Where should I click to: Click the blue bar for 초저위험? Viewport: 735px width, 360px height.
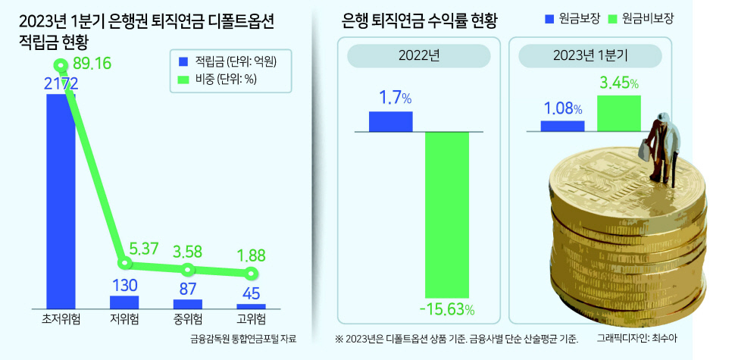(61, 201)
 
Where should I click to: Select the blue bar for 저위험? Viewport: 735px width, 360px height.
(124, 302)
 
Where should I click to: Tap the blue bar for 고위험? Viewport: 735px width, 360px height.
(251, 306)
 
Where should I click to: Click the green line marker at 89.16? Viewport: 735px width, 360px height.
(60, 64)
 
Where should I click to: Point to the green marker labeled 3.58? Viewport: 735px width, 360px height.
(187, 269)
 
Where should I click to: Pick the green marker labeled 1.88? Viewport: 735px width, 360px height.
(251, 273)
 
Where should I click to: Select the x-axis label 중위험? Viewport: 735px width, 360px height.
(187, 320)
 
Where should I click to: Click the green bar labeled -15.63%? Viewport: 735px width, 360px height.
(447, 214)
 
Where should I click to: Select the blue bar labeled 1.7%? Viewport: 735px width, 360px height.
(390, 122)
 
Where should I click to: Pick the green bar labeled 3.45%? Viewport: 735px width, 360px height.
(619, 114)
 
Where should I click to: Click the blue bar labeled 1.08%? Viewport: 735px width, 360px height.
(562, 127)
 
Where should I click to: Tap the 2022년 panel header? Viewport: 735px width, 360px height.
(418, 56)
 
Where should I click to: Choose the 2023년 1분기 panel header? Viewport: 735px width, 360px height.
(590, 56)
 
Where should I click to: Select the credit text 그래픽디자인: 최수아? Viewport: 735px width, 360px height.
(638, 338)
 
